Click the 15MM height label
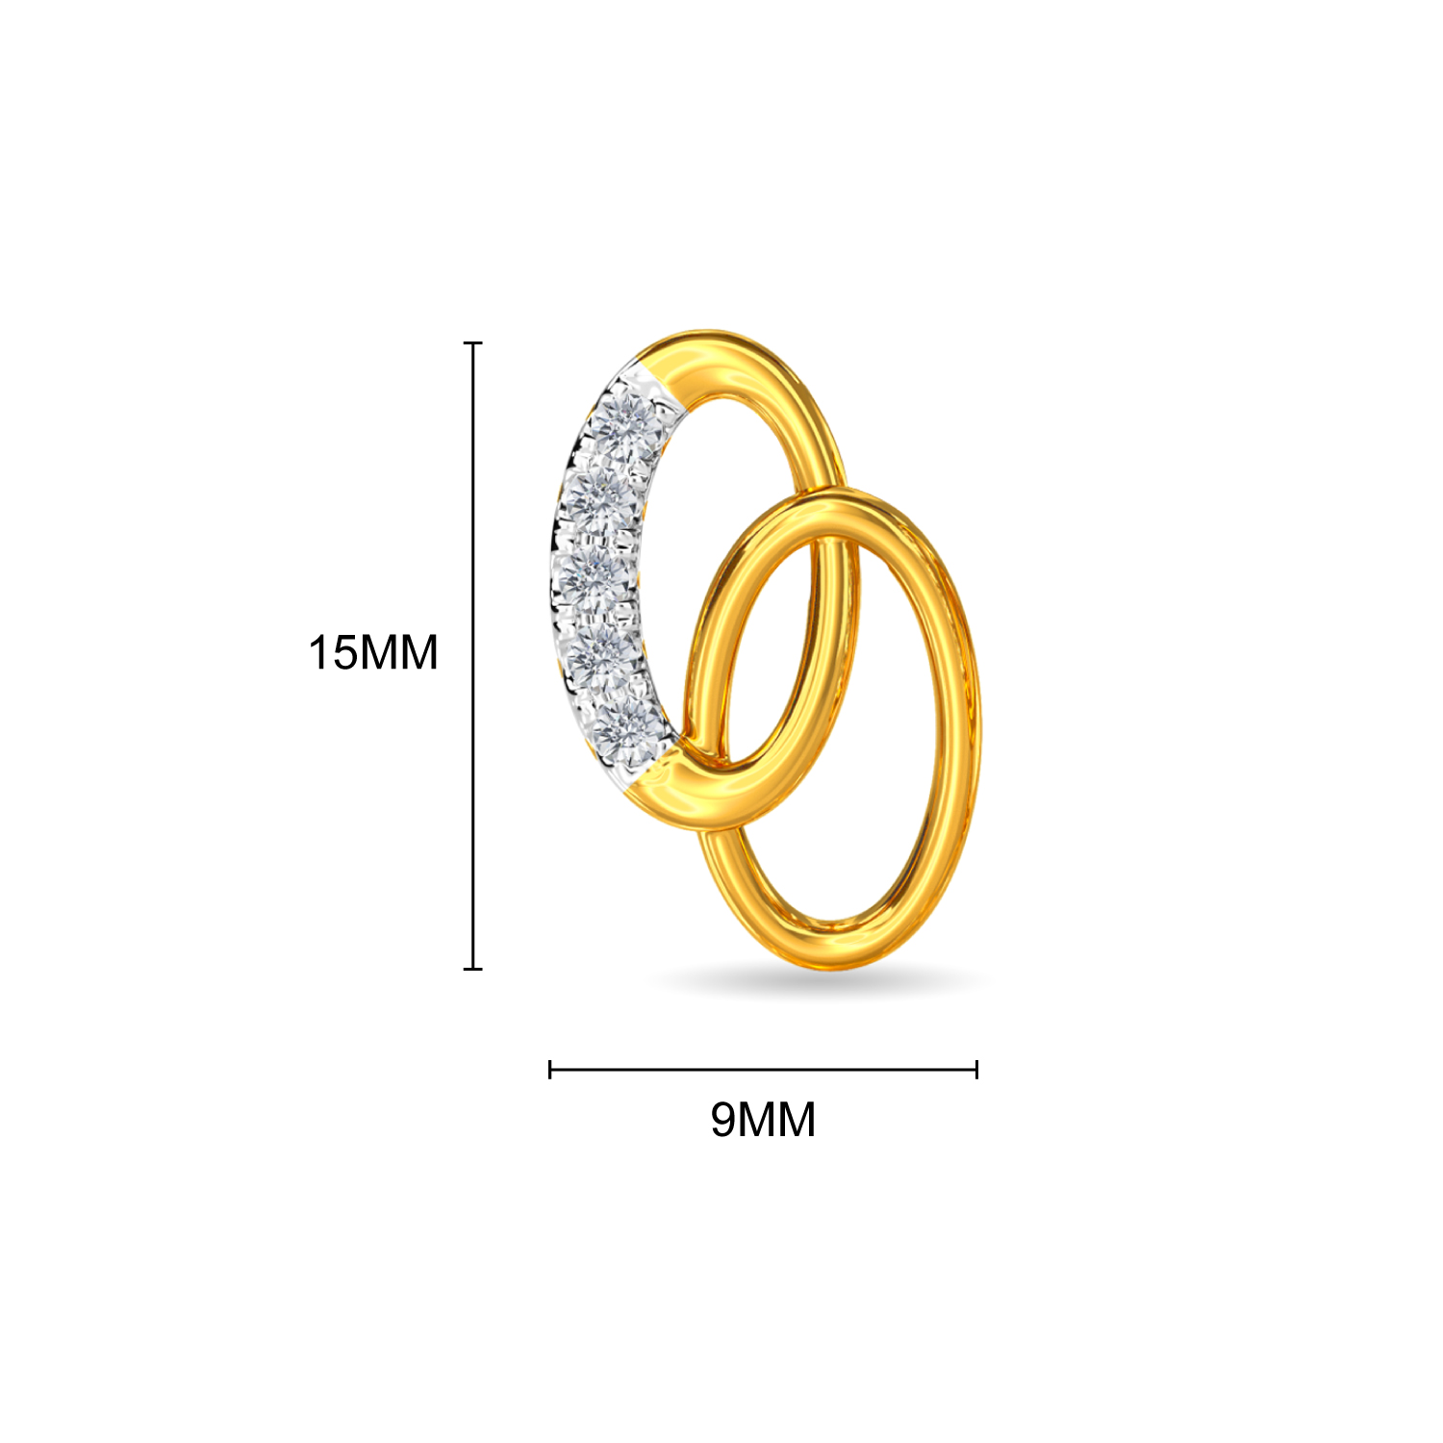click(x=373, y=653)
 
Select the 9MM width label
click(x=763, y=1120)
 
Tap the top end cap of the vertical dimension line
click(x=472, y=342)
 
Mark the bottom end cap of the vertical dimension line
click(x=472, y=968)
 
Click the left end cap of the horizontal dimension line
click(x=550, y=1069)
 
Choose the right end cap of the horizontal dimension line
click(x=976, y=1069)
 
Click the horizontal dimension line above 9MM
click(x=763, y=1069)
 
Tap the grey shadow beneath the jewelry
click(x=818, y=981)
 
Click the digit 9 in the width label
click(x=722, y=1120)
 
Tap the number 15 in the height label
click(x=333, y=653)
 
